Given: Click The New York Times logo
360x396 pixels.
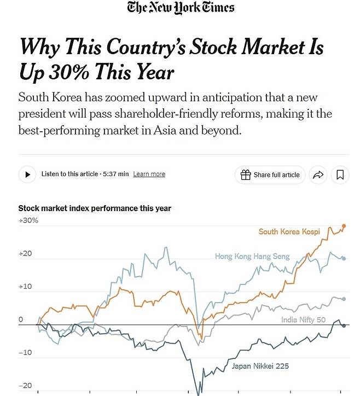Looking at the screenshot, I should (181, 8).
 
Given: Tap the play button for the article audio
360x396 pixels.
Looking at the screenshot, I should (27, 174).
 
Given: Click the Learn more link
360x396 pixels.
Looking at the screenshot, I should (149, 174).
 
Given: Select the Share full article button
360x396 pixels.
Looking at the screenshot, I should (270, 174).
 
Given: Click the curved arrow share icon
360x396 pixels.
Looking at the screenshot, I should (317, 174).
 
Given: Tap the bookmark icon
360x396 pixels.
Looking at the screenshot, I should (340, 174).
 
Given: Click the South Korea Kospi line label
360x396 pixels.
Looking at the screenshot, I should (289, 232).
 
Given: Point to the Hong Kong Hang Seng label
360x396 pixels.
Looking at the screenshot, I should (252, 256).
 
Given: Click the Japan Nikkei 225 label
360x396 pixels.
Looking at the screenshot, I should (260, 366).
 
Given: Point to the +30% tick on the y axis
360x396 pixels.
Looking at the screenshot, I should (28, 220).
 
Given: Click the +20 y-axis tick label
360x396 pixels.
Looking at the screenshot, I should (26, 254).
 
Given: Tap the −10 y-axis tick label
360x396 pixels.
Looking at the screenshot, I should (25, 353).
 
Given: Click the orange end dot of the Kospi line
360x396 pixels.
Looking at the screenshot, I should (344, 225).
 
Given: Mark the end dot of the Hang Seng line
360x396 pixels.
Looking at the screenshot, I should (344, 258).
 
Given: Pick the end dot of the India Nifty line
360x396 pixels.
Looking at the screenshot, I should (344, 299).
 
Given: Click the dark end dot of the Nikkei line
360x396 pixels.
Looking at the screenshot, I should (344, 325).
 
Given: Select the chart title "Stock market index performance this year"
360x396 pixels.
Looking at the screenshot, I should (95, 208).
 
